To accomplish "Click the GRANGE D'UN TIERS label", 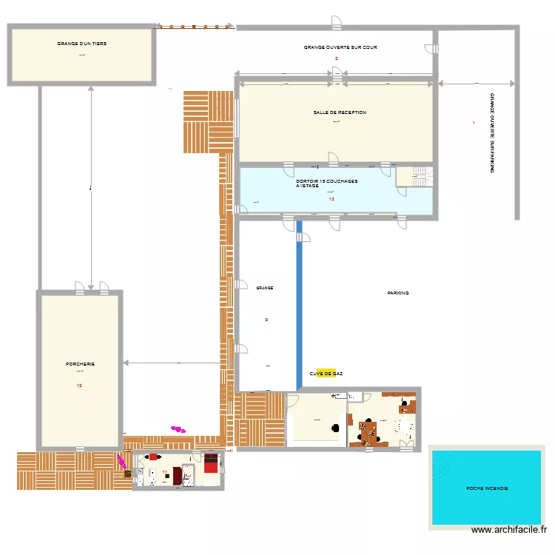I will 81,44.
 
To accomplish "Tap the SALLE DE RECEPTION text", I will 339,113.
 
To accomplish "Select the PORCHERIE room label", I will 79,364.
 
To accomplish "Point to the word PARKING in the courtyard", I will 398,294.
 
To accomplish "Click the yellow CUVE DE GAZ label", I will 326,374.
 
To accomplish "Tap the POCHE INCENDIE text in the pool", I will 487,488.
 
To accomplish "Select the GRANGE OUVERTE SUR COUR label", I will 340,47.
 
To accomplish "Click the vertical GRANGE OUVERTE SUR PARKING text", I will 492,133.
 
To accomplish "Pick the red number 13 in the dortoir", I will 332,199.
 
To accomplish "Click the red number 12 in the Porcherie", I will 79,386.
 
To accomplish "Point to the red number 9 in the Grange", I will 266,320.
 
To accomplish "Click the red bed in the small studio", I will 211,464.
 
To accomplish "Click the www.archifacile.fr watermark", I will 511,530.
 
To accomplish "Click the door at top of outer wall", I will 336,22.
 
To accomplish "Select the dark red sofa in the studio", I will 178,476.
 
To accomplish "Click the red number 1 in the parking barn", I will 474,122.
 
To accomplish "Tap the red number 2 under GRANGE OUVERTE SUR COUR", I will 336,58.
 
